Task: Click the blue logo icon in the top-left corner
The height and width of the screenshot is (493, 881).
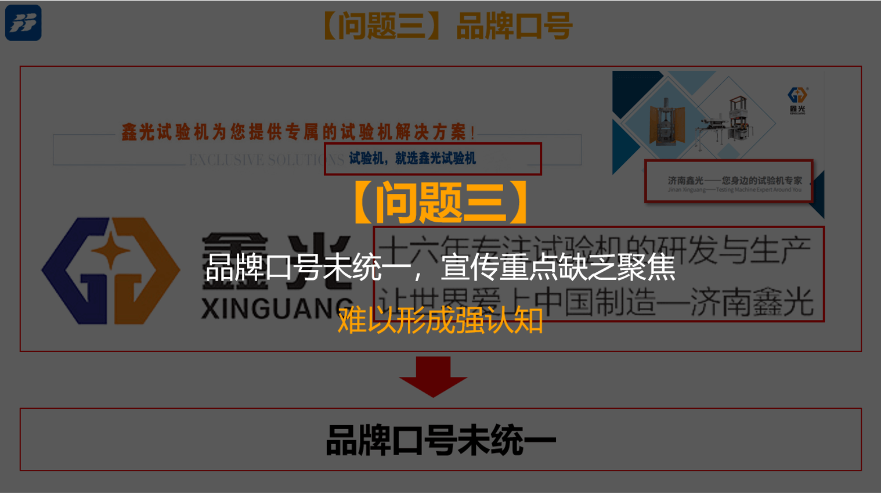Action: [23, 23]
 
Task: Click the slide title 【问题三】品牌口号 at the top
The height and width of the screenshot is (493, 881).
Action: [447, 27]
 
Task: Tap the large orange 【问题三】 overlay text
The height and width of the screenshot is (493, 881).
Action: [441, 202]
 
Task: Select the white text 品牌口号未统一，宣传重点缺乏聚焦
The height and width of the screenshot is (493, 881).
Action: [440, 268]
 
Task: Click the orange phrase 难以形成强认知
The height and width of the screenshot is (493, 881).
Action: [440, 321]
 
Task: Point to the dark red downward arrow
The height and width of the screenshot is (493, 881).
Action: [433, 376]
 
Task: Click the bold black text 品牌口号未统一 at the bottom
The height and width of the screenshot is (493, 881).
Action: [441, 440]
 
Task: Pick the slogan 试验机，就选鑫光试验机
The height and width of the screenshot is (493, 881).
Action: [412, 159]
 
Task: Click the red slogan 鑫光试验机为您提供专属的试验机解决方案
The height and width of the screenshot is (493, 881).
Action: [298, 132]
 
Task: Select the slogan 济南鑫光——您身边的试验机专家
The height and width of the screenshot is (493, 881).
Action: [734, 181]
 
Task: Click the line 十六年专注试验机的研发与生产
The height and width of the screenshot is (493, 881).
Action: [598, 250]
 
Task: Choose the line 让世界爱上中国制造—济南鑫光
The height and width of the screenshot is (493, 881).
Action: [598, 302]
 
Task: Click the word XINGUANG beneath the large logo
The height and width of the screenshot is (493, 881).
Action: [273, 308]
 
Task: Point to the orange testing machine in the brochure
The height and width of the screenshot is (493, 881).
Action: [665, 122]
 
